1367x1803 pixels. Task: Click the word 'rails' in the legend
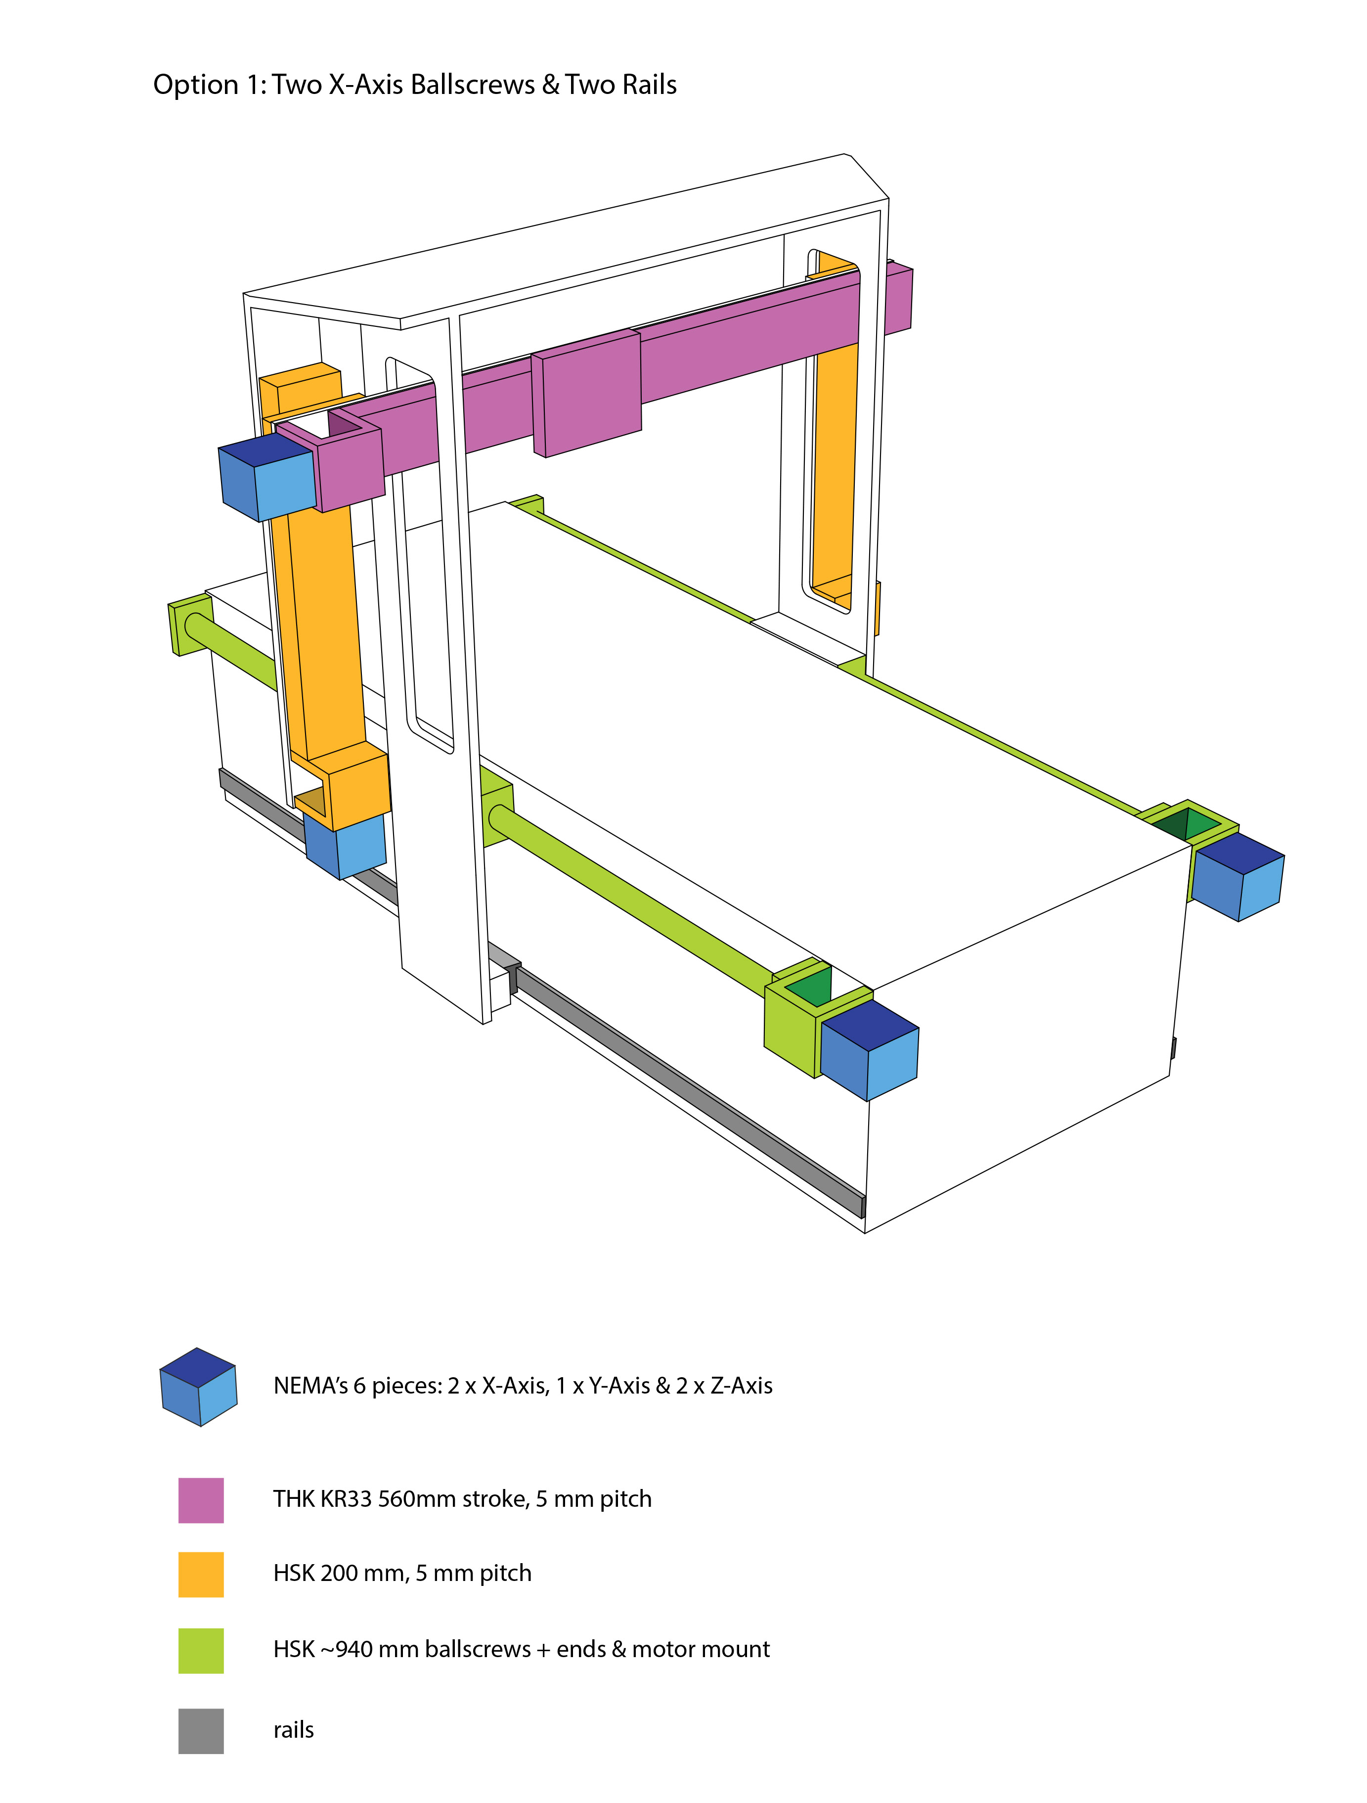(293, 1730)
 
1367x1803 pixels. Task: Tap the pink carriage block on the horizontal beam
(586, 393)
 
